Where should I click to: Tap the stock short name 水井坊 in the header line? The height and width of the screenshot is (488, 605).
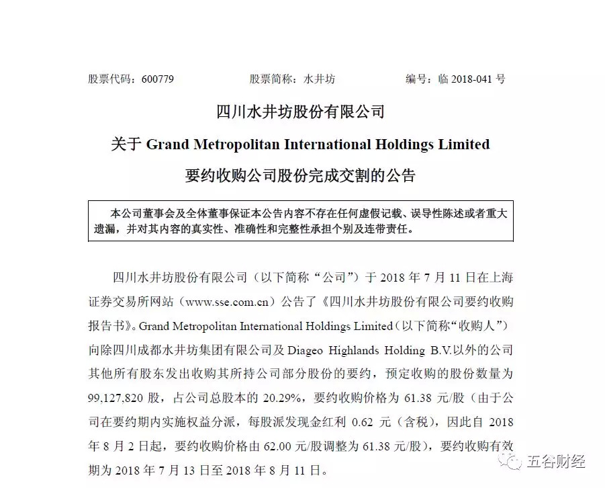[x=319, y=79]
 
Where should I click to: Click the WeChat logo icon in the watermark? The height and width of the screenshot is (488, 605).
[x=512, y=461]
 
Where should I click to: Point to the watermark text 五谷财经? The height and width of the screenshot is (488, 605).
[x=555, y=462]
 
